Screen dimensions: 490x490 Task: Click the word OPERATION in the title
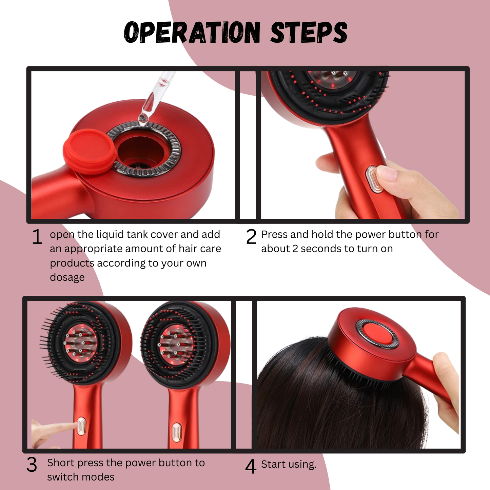point(192,33)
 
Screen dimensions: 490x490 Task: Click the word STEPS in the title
point(309,33)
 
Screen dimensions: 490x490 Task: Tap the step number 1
point(37,237)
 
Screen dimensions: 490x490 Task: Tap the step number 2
point(251,237)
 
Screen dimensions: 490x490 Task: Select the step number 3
point(32,465)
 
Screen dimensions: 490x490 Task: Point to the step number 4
point(251,467)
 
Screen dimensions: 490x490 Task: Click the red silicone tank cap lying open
point(90,151)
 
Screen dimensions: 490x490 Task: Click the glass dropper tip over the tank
point(143,117)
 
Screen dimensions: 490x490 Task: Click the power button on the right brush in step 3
point(176,432)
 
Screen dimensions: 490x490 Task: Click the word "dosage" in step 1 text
point(67,277)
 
